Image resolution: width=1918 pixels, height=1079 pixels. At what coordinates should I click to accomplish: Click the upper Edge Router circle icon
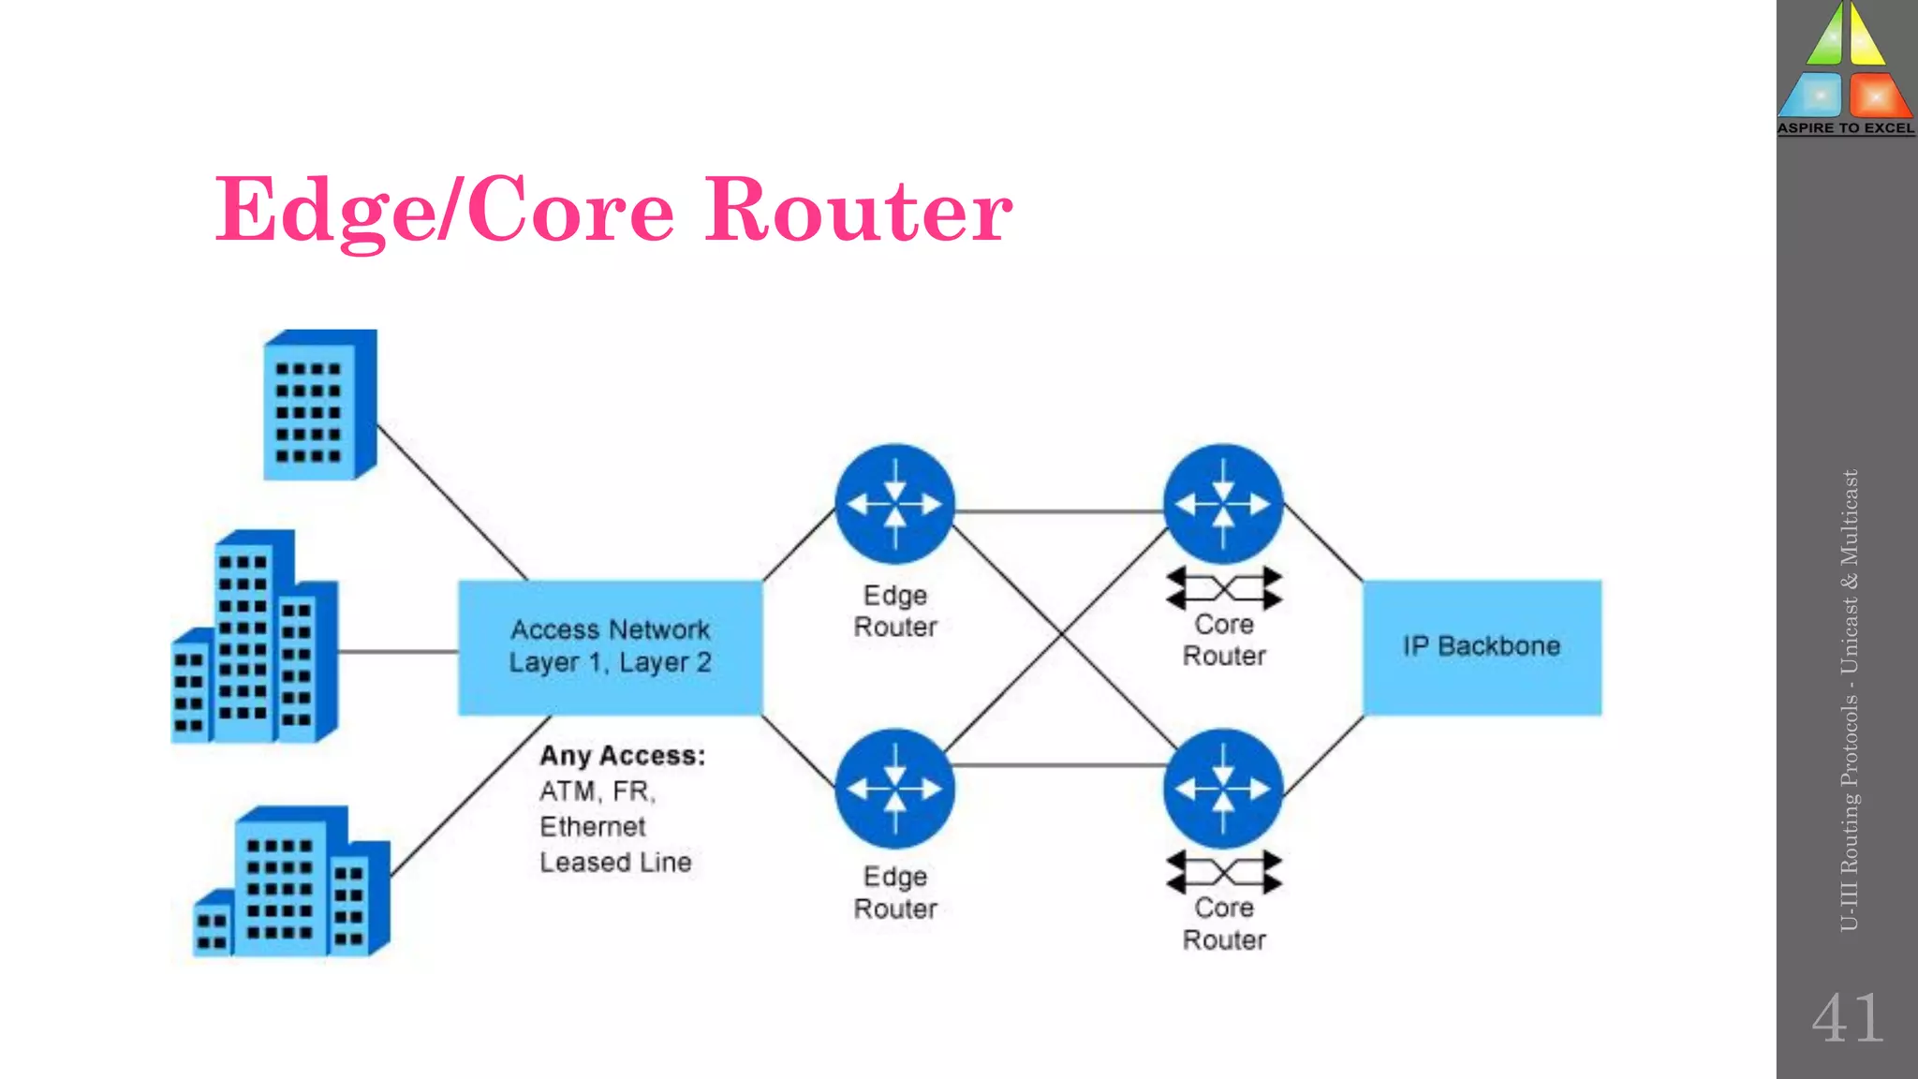tap(894, 504)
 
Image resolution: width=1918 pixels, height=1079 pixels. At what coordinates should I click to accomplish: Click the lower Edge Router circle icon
tap(894, 789)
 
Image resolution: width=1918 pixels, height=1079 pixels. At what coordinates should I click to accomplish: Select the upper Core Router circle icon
tap(1223, 504)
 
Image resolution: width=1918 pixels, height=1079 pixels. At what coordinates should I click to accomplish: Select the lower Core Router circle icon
tap(1223, 789)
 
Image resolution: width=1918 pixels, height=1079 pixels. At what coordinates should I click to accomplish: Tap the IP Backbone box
tap(1482, 647)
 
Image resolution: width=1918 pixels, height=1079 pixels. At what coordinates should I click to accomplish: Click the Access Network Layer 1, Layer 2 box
tap(610, 647)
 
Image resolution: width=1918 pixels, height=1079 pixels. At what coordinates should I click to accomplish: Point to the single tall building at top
tap(318, 405)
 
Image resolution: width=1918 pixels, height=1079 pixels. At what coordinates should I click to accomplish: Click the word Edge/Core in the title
tap(445, 211)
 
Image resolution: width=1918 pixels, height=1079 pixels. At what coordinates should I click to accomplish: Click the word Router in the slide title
tap(858, 211)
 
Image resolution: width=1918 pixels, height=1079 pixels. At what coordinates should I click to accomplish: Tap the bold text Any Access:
tap(622, 756)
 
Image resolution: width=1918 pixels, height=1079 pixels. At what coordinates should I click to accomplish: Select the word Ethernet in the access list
tap(592, 827)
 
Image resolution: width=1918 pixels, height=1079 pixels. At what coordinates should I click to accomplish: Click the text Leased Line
tap(615, 863)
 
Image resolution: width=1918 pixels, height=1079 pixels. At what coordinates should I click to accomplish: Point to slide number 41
tap(1847, 1019)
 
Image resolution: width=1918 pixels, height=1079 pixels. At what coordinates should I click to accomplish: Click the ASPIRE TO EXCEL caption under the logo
tap(1846, 128)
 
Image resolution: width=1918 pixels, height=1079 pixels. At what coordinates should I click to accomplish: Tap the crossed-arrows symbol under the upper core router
tap(1223, 589)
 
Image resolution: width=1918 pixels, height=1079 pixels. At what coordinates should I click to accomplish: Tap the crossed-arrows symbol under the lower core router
tap(1223, 872)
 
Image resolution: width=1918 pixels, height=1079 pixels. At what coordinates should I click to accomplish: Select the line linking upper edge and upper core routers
tap(1058, 511)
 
